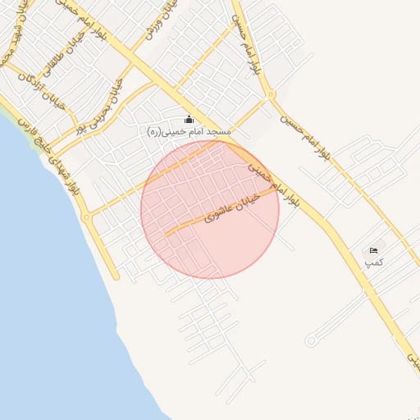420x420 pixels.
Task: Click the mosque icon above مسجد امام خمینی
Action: click(x=189, y=119)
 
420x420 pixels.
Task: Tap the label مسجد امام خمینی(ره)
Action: click(x=189, y=132)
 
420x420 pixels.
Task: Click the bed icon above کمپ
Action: click(x=374, y=250)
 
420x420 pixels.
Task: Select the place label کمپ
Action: click(x=374, y=262)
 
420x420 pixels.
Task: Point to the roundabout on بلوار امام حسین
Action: click(x=272, y=94)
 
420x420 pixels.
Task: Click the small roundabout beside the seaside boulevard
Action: click(x=86, y=217)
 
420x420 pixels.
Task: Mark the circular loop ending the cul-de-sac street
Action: click(x=311, y=340)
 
